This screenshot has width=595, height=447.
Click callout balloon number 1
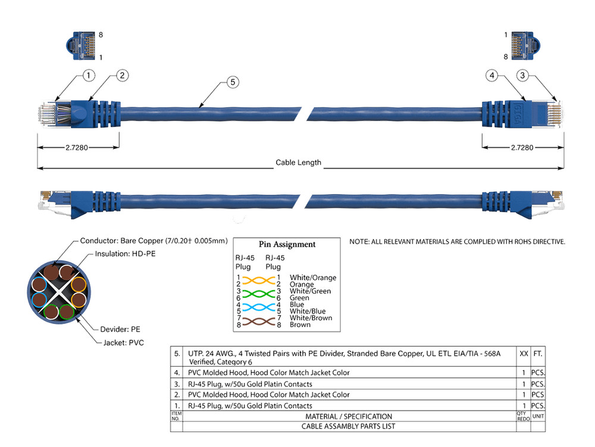(89, 75)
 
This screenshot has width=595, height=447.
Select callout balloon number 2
(122, 75)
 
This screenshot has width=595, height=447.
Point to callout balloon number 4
(491, 75)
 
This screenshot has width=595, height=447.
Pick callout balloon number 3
(522, 75)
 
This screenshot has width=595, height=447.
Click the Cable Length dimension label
(298, 163)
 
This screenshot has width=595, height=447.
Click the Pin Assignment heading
(287, 244)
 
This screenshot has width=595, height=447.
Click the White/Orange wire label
(312, 278)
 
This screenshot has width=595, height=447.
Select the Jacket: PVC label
(120, 343)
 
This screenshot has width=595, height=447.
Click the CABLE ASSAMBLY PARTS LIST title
(348, 426)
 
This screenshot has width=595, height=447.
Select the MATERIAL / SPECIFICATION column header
(348, 416)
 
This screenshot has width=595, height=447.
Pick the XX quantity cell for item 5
(524, 353)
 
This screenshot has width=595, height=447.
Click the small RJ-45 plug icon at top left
(80, 46)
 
